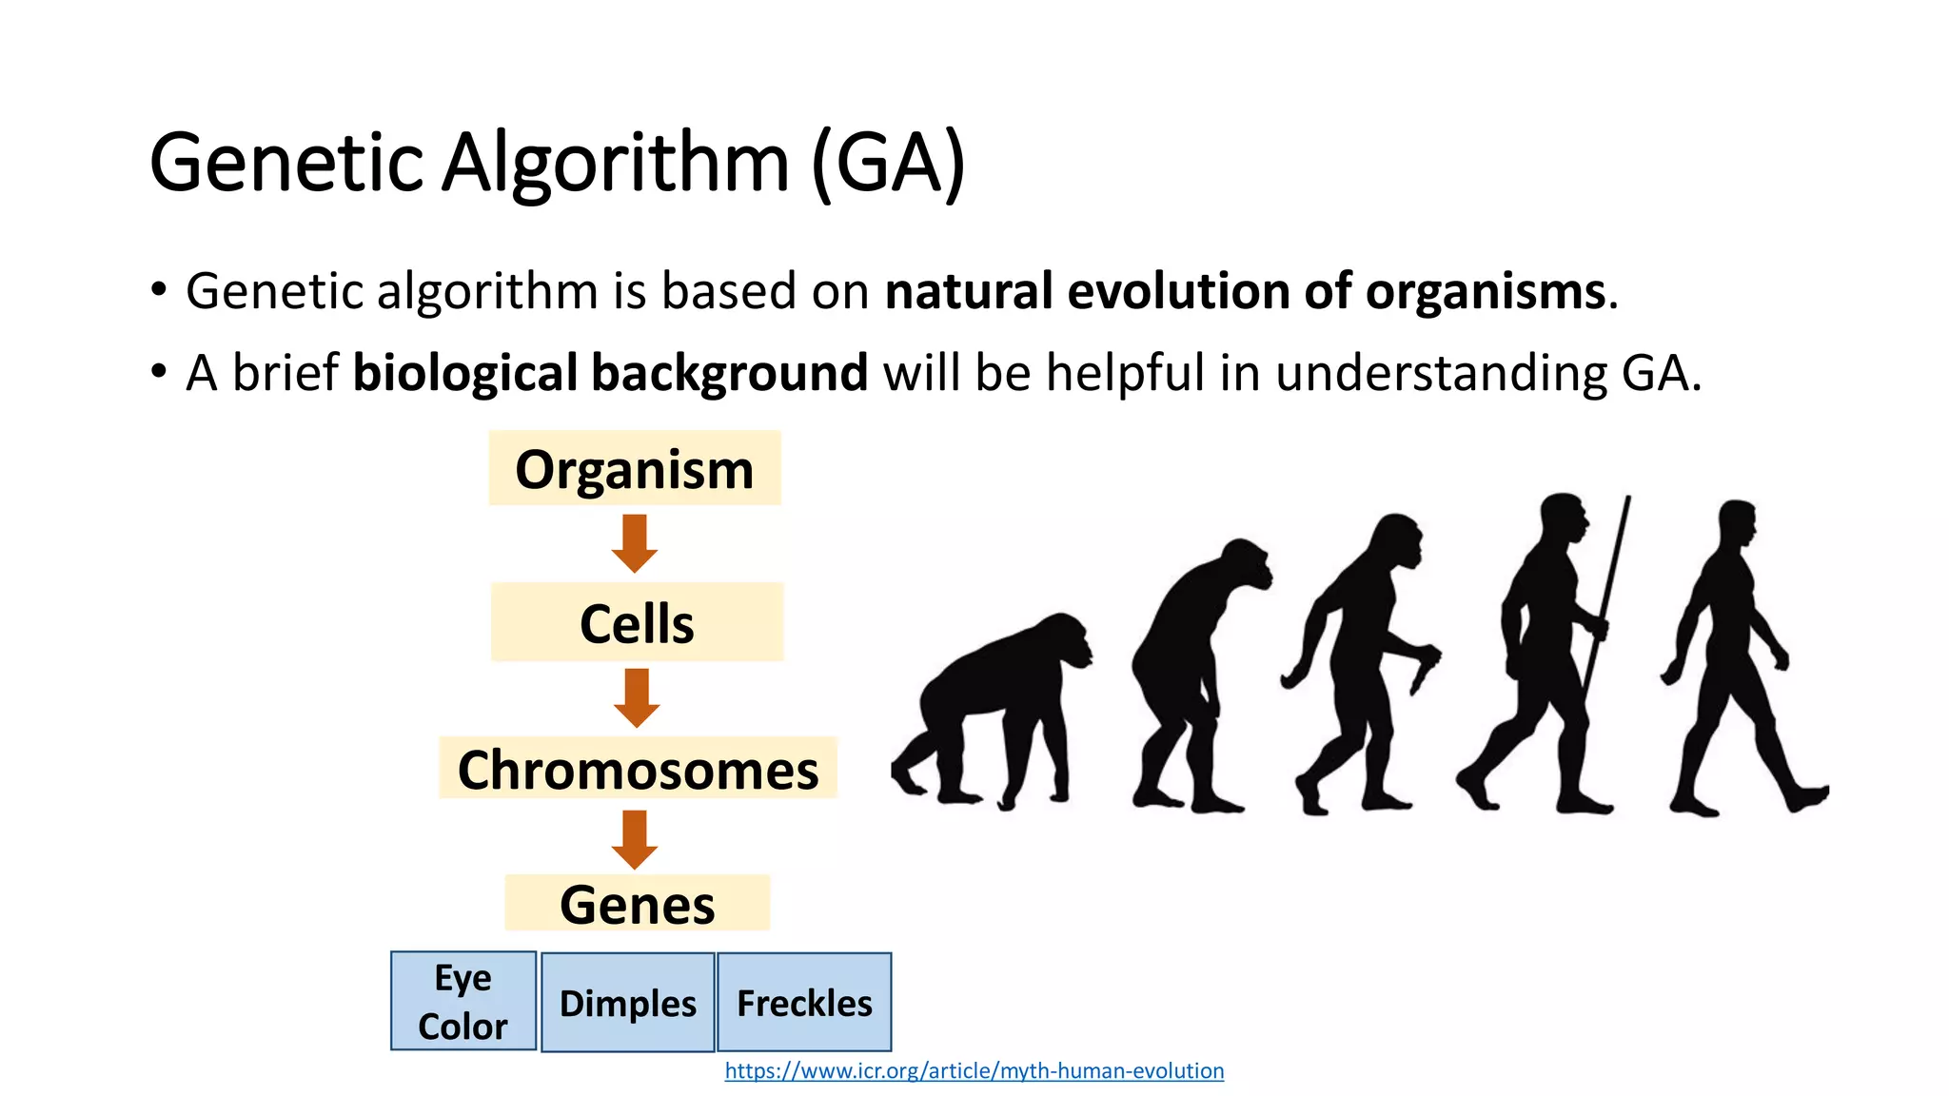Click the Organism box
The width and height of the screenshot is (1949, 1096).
pyautogui.click(x=635, y=469)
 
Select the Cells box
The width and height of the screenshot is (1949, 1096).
pyautogui.click(x=637, y=623)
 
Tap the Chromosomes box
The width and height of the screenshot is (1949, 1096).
pyautogui.click(x=638, y=769)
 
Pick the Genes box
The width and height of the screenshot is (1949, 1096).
pyautogui.click(x=637, y=904)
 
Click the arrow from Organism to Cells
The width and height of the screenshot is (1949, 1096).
pyautogui.click(x=635, y=543)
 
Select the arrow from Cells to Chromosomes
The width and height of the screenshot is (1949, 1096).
pyautogui.click(x=637, y=697)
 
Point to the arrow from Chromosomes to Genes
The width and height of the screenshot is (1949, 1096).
pyautogui.click(x=635, y=839)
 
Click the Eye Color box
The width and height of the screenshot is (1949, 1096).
pyautogui.click(x=463, y=1001)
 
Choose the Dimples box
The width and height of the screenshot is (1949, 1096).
pyautogui.click(x=628, y=1003)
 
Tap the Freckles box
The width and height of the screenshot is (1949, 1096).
pyautogui.click(x=804, y=1003)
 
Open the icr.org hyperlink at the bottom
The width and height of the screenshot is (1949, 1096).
pyautogui.click(x=974, y=1070)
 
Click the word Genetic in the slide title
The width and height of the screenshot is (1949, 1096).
pyautogui.click(x=285, y=162)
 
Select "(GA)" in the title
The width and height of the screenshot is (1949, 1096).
pyautogui.click(x=888, y=162)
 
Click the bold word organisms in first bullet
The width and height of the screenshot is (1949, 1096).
pyautogui.click(x=1485, y=291)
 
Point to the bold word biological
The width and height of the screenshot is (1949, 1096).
pyautogui.click(x=464, y=372)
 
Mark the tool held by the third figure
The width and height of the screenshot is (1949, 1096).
pyautogui.click(x=1424, y=671)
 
